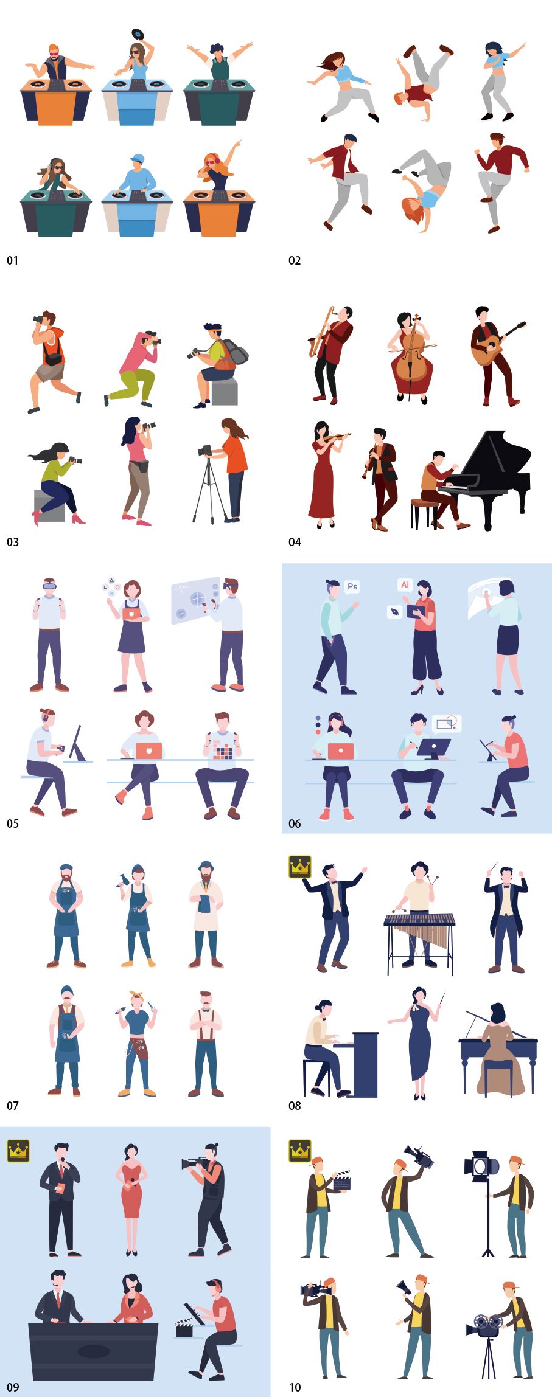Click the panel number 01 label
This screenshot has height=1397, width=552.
tap(12, 261)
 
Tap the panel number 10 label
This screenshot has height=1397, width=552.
tap(295, 1387)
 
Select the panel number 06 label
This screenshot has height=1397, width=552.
tap(295, 823)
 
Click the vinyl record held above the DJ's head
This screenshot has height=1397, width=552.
tap(138, 34)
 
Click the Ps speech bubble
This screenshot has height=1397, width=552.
tap(352, 587)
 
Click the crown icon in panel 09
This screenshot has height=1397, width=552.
tap(18, 1151)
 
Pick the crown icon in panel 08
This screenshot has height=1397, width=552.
tap(300, 867)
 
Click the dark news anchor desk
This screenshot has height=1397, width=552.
tap(93, 1351)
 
